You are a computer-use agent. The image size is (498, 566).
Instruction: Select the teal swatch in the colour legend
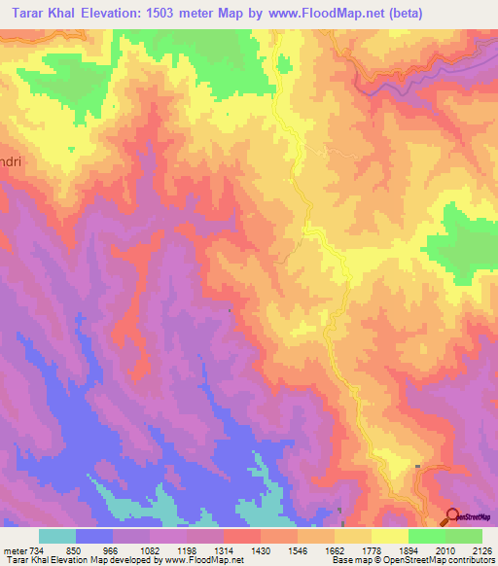(x=57, y=536)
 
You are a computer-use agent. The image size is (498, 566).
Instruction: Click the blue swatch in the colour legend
(x=94, y=536)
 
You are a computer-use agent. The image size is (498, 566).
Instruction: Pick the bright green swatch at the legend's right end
(x=464, y=536)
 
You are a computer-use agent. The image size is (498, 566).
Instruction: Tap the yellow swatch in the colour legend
(x=390, y=536)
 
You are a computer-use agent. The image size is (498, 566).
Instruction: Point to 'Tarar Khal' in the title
(x=41, y=13)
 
